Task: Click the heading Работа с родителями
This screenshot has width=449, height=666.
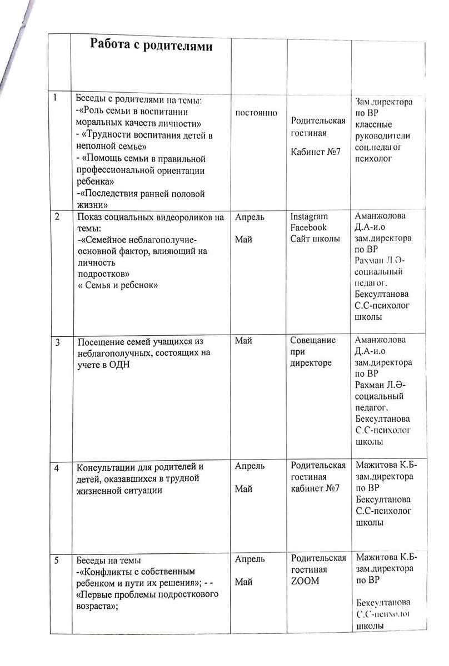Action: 151,46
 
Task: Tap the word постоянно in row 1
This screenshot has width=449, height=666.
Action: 257,113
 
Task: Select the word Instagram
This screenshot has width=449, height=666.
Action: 309,216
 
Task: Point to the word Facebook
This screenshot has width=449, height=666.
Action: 308,228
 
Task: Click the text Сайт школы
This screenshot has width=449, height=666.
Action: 315,239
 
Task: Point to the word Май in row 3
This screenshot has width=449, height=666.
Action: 243,341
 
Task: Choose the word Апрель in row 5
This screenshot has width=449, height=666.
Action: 250,559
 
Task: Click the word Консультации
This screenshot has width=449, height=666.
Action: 104,466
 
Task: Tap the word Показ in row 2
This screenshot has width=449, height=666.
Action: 89,217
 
